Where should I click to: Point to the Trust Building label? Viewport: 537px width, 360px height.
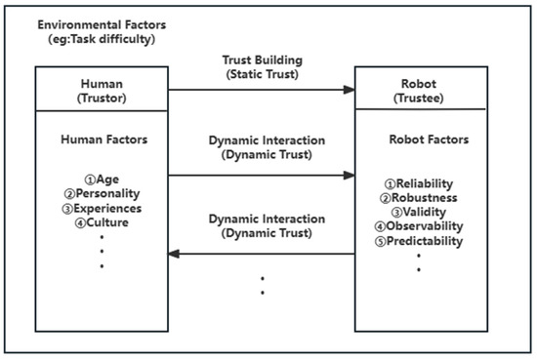(261, 60)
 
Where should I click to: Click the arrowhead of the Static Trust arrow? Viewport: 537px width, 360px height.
(349, 90)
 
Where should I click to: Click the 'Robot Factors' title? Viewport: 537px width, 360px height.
(424, 140)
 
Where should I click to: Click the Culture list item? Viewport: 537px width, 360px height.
(103, 222)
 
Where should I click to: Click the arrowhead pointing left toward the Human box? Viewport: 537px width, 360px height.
(174, 254)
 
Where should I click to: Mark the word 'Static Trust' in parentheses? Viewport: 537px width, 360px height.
(261, 75)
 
